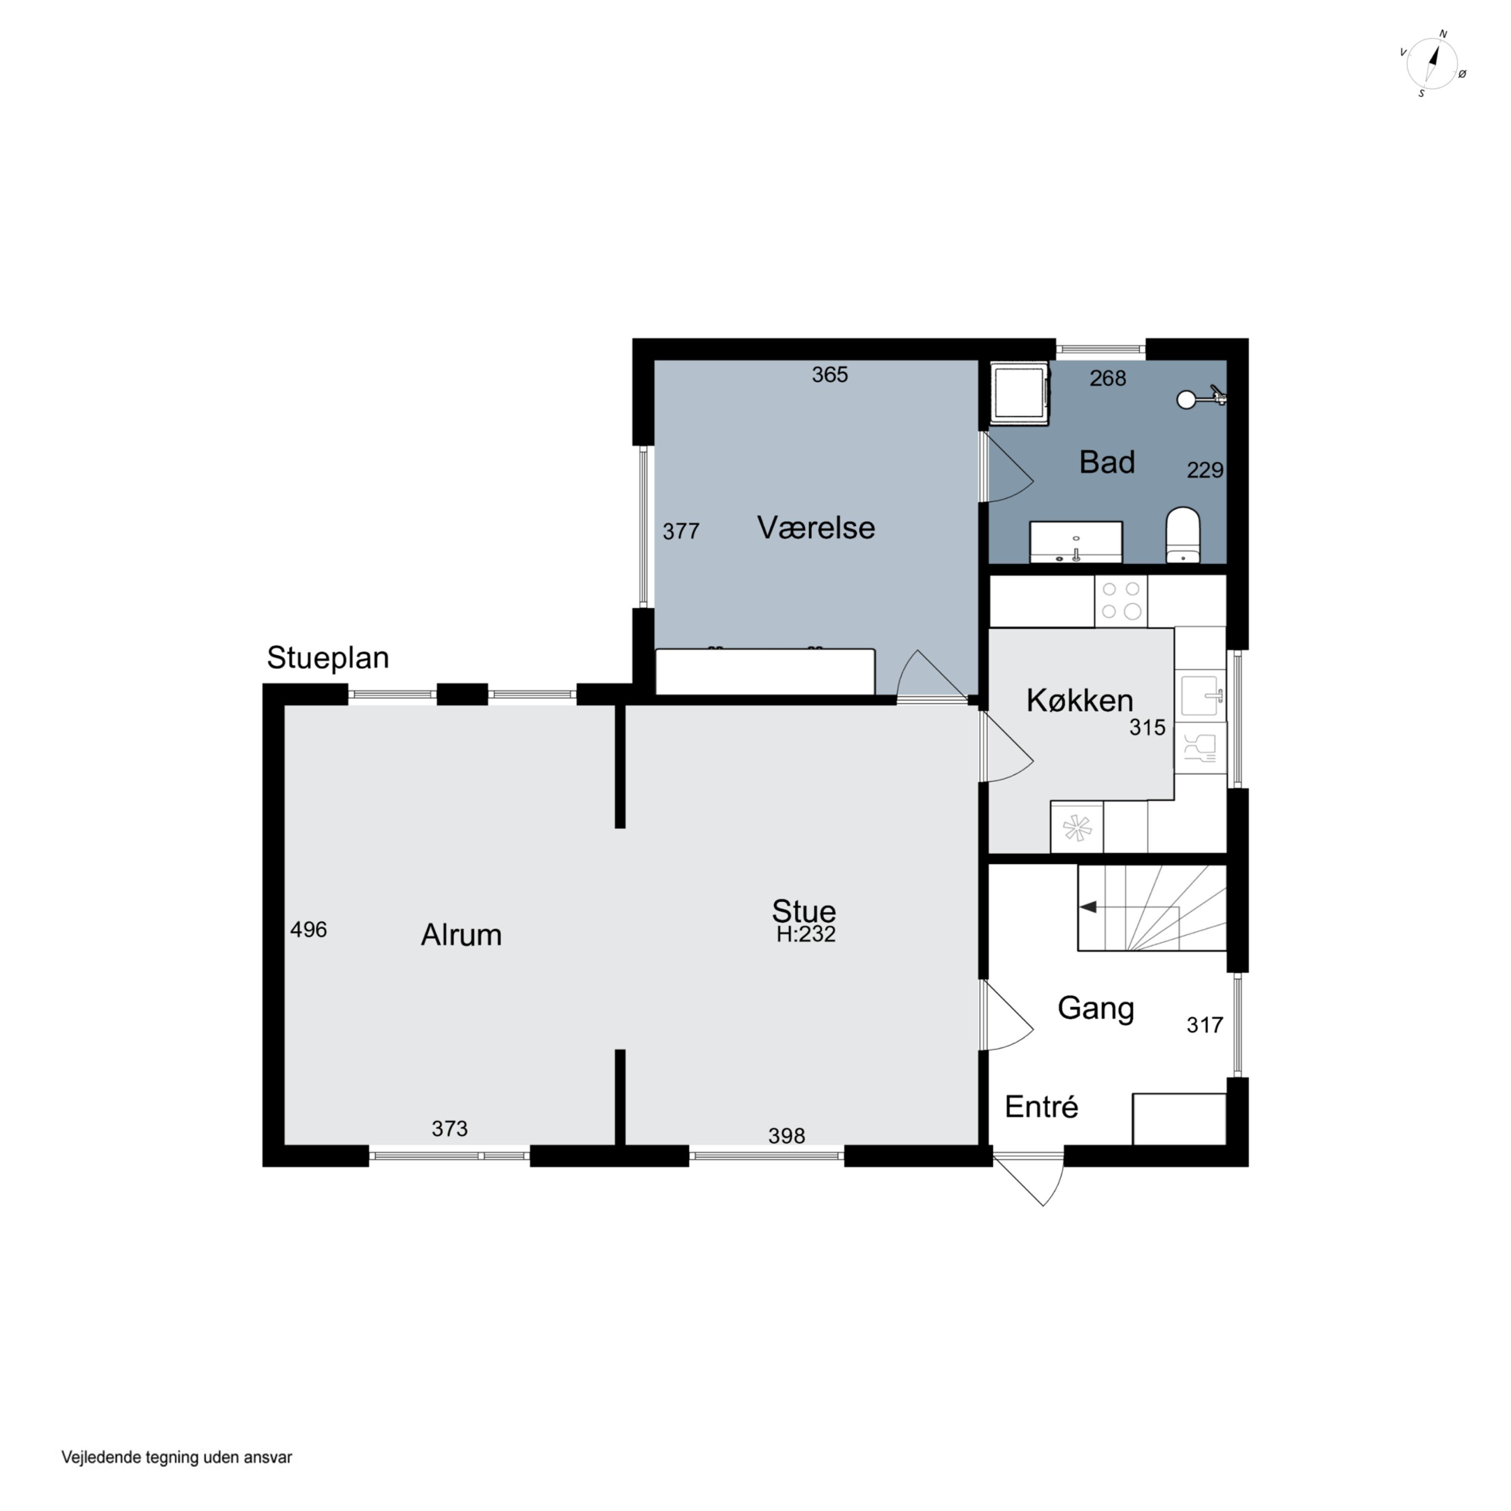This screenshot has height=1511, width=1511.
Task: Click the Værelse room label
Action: pyautogui.click(x=816, y=528)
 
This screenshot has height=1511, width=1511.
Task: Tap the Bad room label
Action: pyautogui.click(x=1107, y=462)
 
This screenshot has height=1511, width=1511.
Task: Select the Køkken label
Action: pyautogui.click(x=1079, y=701)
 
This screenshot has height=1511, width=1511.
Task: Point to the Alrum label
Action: pyautogui.click(x=461, y=935)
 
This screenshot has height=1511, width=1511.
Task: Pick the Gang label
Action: pyautogui.click(x=1095, y=1009)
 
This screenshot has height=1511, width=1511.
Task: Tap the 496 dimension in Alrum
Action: pyautogui.click(x=308, y=929)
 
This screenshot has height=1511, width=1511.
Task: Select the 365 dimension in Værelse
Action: pyautogui.click(x=830, y=375)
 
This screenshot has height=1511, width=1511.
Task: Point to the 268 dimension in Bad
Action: pyautogui.click(x=1108, y=379)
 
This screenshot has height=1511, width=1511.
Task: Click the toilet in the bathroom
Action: pyautogui.click(x=1183, y=535)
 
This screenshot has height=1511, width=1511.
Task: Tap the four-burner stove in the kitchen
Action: pyautogui.click(x=1121, y=601)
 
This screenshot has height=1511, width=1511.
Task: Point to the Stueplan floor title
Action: pyautogui.click(x=328, y=658)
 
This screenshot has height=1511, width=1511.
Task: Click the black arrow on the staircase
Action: pyautogui.click(x=1088, y=907)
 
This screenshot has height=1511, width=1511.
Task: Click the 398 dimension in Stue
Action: pyautogui.click(x=786, y=1136)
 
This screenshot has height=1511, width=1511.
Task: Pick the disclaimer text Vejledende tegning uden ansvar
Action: pyautogui.click(x=177, y=1457)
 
